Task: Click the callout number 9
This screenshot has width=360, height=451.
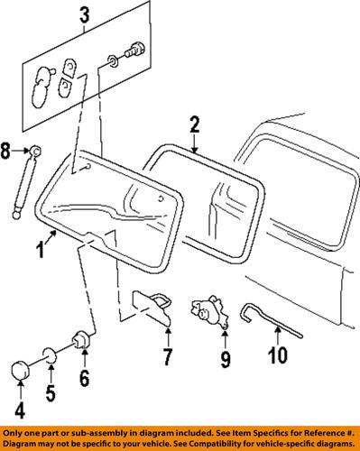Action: pyautogui.click(x=226, y=364)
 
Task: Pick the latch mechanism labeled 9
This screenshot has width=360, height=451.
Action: pyautogui.click(x=209, y=312)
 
